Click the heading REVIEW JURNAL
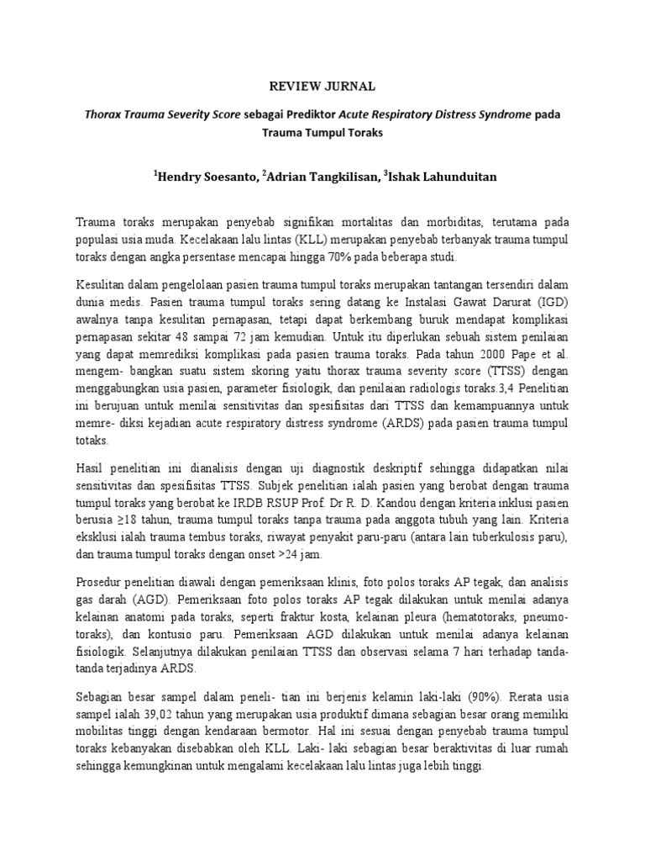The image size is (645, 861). coord(322,86)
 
